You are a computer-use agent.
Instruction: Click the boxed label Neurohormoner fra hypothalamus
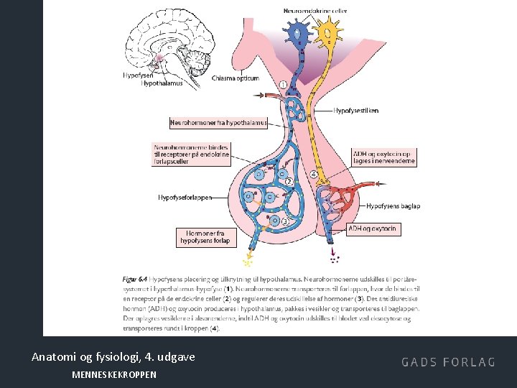click(218, 123)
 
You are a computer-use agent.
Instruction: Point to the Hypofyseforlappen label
click(185, 198)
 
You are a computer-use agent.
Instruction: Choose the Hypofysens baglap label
click(393, 205)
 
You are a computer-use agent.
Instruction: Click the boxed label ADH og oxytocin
click(372, 229)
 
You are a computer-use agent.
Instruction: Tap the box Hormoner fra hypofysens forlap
click(205, 237)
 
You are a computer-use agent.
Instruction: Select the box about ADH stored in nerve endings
click(383, 157)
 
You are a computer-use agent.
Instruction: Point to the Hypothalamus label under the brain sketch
click(162, 83)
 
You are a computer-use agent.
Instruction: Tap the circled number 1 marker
click(283, 85)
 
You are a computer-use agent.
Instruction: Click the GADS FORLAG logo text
click(448, 362)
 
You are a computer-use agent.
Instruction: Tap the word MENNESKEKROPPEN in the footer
click(114, 375)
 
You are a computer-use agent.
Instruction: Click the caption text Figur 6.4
click(132, 277)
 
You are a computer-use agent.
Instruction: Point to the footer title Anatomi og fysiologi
click(113, 356)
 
